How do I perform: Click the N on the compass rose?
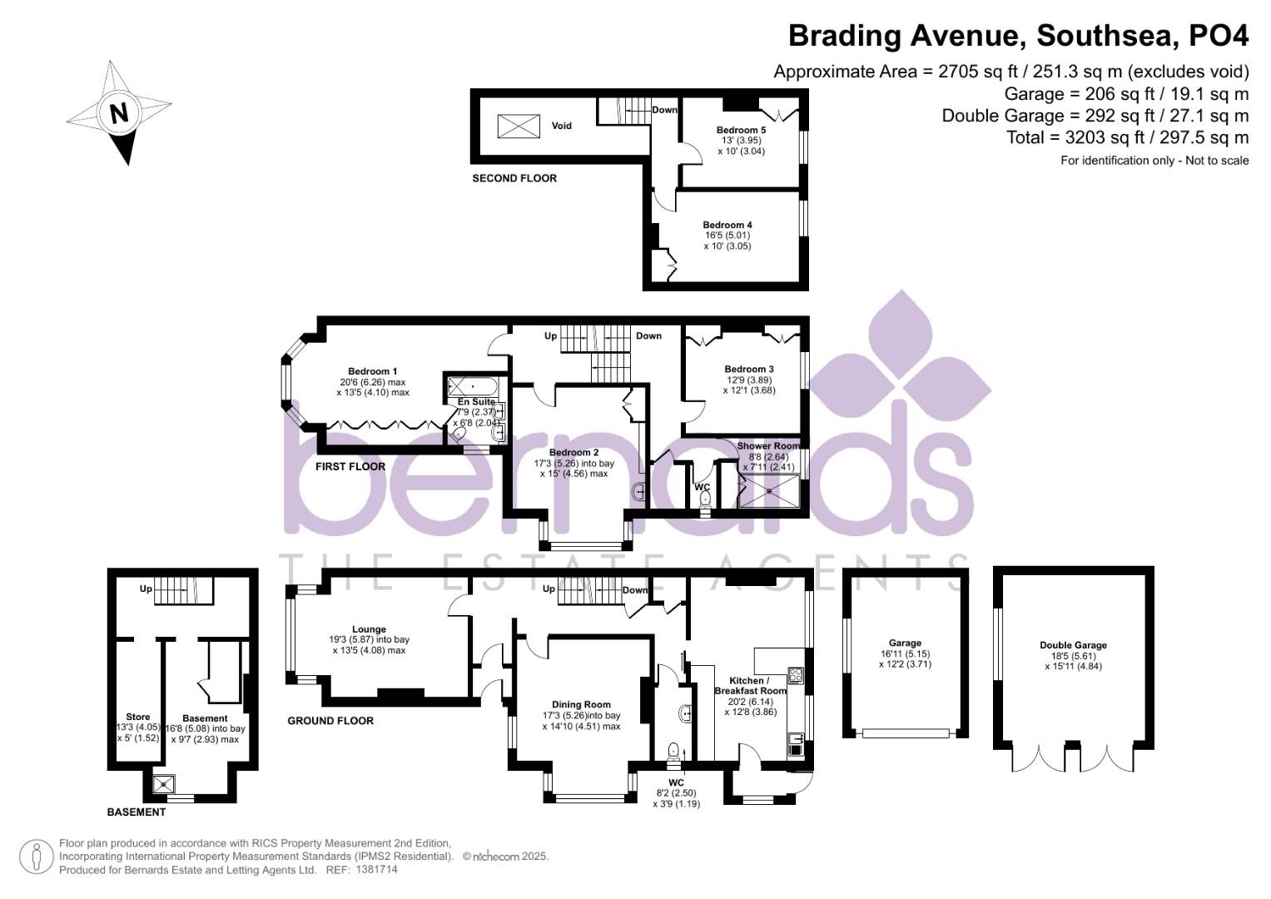[119, 112]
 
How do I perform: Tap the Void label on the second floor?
[562, 127]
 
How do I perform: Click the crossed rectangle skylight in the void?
[519, 127]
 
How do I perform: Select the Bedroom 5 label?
[741, 130]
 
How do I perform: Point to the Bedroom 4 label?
[727, 225]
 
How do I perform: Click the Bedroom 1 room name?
[372, 371]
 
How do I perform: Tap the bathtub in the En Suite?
[472, 386]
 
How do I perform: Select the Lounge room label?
[369, 629]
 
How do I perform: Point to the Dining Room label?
[581, 704]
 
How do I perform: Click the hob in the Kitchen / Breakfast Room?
[796, 675]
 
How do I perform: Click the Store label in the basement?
[138, 717]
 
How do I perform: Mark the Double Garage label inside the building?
[1073, 645]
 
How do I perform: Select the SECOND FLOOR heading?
[514, 178]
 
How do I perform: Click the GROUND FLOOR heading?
[330, 721]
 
